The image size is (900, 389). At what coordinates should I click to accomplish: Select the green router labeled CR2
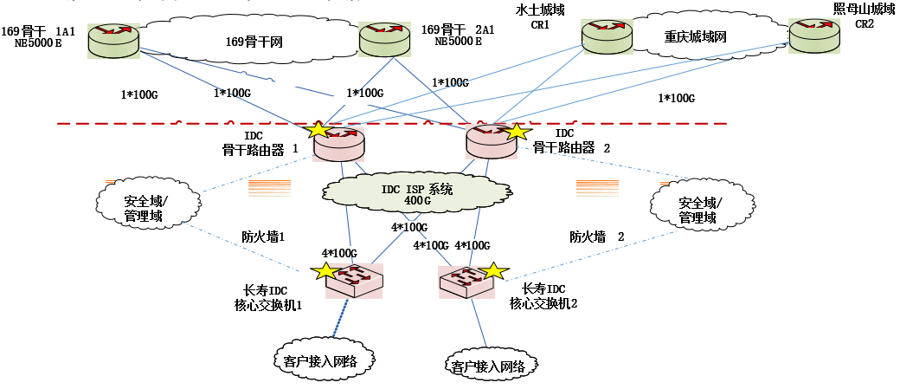click(813, 36)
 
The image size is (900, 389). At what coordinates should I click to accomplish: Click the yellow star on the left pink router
click(318, 130)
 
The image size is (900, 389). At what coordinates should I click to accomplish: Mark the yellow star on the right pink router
click(516, 132)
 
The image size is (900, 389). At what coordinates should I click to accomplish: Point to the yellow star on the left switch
click(325, 271)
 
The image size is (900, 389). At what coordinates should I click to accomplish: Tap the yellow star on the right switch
click(492, 271)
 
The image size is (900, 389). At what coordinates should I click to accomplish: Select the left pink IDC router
click(340, 144)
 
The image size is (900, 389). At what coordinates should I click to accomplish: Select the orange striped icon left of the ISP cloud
click(270, 189)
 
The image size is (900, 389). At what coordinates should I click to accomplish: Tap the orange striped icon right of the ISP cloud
click(597, 188)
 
